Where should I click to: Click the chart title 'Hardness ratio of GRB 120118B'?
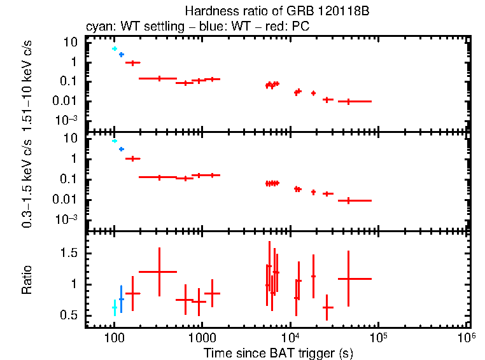(x=278, y=11)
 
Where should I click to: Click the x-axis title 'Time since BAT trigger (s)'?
(x=278, y=353)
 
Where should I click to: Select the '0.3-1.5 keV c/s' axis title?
(x=27, y=183)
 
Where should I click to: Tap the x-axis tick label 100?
(x=114, y=338)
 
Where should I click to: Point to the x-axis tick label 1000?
(x=202, y=338)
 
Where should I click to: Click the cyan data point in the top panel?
(x=115, y=48)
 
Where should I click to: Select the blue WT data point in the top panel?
(x=121, y=55)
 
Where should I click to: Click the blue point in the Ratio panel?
(x=121, y=299)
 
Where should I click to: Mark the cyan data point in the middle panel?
(x=115, y=141)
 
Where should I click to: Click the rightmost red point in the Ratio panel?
(x=348, y=279)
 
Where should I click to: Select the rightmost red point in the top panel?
(x=348, y=101)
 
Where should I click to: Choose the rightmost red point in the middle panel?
(x=348, y=200)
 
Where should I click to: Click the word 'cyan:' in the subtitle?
(x=99, y=27)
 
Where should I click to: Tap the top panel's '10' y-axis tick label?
(x=71, y=42)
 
